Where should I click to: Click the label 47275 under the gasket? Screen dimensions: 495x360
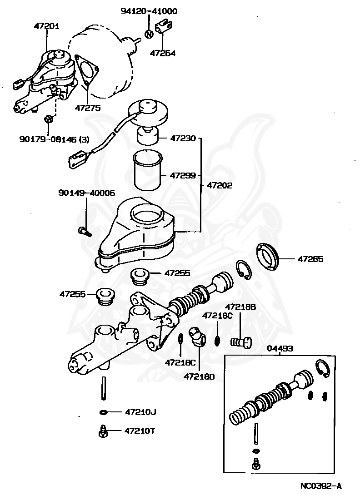(87, 108)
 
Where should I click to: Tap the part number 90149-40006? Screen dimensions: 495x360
(86, 193)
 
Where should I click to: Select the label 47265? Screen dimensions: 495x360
(310, 259)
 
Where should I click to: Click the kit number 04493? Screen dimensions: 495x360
(280, 348)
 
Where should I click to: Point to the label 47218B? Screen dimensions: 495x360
(240, 307)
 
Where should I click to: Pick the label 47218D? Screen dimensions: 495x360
(199, 376)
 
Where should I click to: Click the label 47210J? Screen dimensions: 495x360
(140, 412)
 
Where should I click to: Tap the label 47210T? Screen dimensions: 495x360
(140, 431)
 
